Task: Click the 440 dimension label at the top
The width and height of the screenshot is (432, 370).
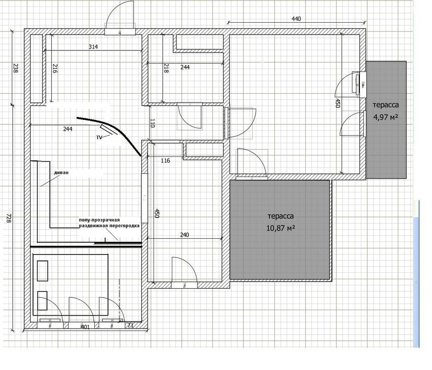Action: tap(296, 19)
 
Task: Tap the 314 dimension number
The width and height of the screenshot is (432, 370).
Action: tap(93, 47)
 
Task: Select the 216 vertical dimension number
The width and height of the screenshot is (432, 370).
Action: tap(54, 70)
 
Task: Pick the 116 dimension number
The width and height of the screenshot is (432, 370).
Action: tap(165, 161)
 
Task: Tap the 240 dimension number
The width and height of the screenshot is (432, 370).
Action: tap(185, 235)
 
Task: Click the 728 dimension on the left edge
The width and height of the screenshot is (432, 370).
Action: tap(8, 218)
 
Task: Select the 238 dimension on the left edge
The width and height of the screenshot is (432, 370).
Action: tap(15, 68)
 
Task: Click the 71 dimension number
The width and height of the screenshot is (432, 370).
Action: tap(130, 326)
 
